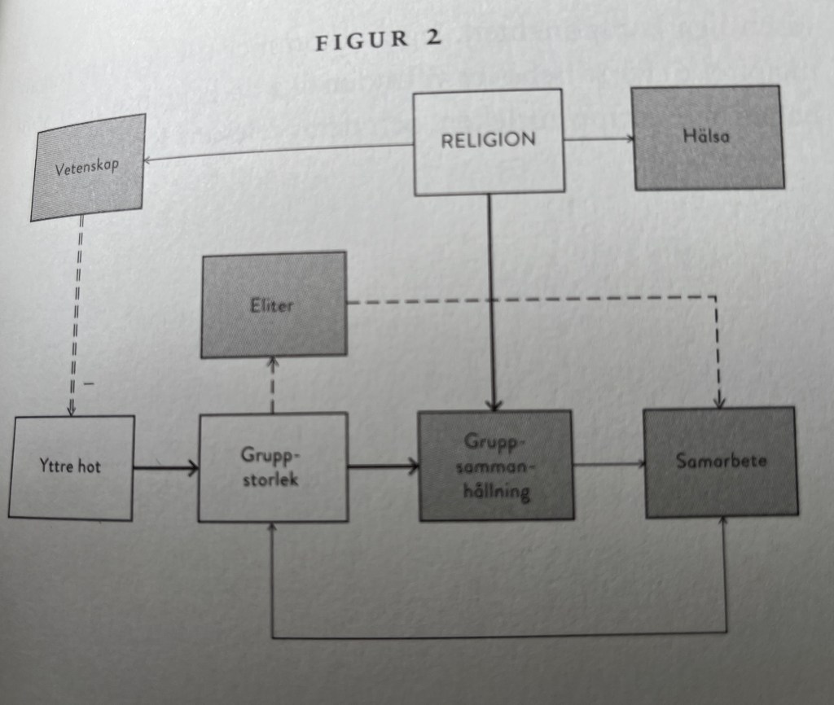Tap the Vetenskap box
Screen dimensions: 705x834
click(88, 169)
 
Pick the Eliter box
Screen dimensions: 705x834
click(274, 304)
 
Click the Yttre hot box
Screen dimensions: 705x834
click(73, 468)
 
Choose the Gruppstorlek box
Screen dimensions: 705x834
click(273, 467)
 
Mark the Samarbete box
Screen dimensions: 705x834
click(720, 462)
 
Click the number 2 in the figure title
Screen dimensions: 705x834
click(432, 38)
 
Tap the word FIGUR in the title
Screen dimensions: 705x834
click(362, 41)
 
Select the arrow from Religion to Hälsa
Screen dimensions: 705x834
click(598, 139)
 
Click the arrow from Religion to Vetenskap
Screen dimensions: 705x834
click(277, 151)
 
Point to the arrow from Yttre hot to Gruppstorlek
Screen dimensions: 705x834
click(166, 468)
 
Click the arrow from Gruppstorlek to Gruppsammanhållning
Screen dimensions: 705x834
click(383, 466)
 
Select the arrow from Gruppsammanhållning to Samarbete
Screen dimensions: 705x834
click(608, 465)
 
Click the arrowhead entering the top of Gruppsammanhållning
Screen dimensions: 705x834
click(494, 405)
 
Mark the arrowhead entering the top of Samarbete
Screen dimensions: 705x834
click(718, 401)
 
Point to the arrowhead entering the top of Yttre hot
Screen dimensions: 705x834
click(72, 410)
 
